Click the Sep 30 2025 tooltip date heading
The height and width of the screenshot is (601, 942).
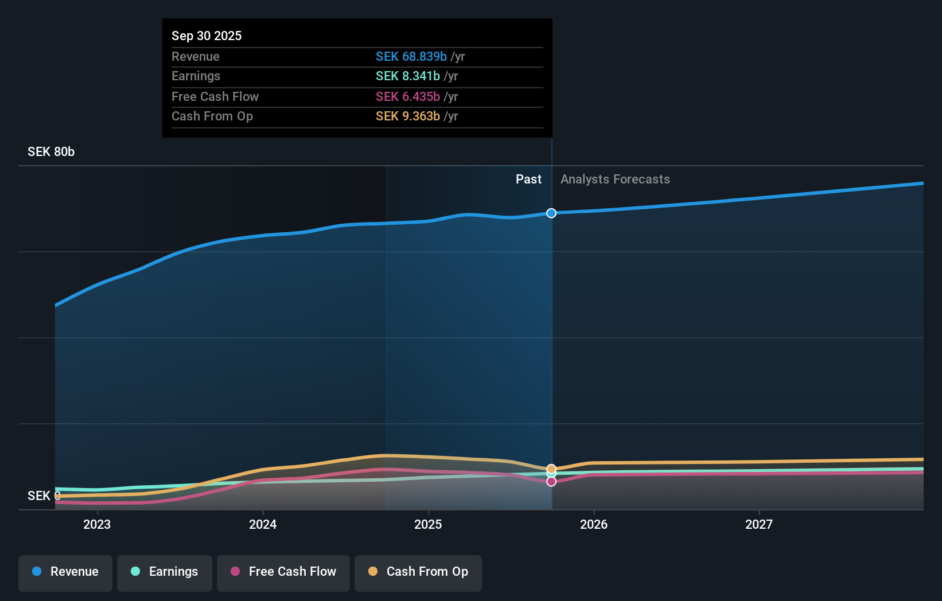click(x=207, y=36)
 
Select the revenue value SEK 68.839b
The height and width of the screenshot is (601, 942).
click(x=411, y=56)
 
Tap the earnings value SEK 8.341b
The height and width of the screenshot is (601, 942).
click(x=407, y=76)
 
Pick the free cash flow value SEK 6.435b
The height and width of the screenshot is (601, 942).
click(x=407, y=96)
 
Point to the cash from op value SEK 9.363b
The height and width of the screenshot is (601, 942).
click(x=407, y=116)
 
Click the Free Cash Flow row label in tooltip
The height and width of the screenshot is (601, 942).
click(x=215, y=96)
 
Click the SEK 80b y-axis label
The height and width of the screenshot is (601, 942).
click(x=51, y=152)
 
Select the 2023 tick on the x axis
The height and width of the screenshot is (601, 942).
click(x=97, y=524)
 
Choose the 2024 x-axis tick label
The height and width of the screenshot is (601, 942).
click(x=263, y=524)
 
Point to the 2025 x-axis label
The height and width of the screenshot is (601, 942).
click(x=428, y=524)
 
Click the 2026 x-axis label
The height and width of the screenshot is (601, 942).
click(x=594, y=524)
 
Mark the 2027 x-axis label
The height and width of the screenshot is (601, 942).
click(x=759, y=524)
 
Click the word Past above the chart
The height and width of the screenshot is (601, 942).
click(x=528, y=179)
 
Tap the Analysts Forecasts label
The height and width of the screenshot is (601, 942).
click(x=615, y=179)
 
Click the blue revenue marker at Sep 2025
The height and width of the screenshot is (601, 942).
click(x=551, y=213)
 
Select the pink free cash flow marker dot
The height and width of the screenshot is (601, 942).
click(x=551, y=482)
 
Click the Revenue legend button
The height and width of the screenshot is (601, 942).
click(x=65, y=572)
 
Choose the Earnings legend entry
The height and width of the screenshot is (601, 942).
click(x=165, y=572)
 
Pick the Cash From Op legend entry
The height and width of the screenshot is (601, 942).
click(x=418, y=572)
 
